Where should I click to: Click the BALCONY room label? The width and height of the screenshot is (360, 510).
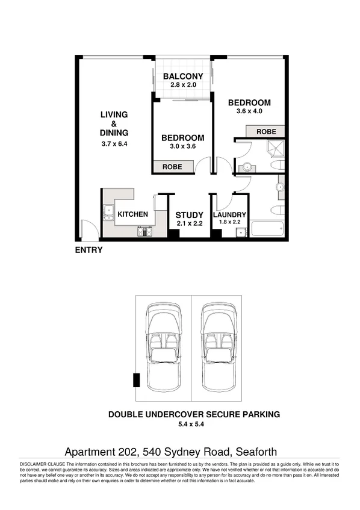pos(183,76)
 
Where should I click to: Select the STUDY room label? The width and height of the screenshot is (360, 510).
pos(189,215)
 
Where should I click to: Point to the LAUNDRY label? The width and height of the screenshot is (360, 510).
pos(229,215)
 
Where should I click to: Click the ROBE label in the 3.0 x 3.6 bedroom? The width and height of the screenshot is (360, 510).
pos(174,166)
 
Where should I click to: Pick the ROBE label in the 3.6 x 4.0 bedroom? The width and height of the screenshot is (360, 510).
pos(266,131)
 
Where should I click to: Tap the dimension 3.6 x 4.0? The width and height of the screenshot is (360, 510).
pos(249,111)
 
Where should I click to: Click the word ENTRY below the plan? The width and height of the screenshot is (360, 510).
pos(88,250)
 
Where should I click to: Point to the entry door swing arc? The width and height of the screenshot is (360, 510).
pos(88,228)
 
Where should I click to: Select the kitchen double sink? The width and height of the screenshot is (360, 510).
pos(109,212)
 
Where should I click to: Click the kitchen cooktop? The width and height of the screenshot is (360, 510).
pos(146,231)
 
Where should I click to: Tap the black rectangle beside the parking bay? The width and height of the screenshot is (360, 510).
pos(136,380)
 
